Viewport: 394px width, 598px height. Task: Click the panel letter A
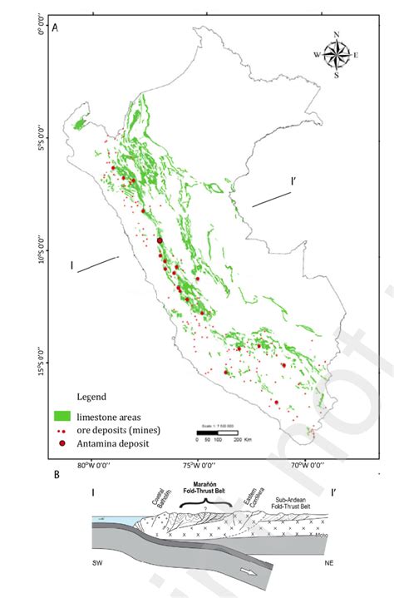[x=55, y=28]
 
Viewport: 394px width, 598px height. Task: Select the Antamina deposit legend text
[x=116, y=444]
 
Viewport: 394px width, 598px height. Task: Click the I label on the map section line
[x=73, y=266]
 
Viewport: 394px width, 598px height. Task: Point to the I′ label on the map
[x=293, y=180]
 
